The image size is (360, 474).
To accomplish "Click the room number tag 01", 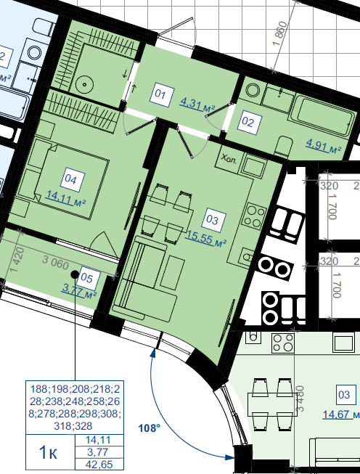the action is click(x=161, y=94).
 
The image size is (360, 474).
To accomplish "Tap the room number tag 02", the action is click(x=249, y=122).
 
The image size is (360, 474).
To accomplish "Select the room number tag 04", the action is click(x=72, y=179).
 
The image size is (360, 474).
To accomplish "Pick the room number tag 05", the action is click(x=88, y=278).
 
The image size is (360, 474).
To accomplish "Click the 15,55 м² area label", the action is click(x=206, y=238).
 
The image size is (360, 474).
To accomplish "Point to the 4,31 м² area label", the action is click(x=197, y=105).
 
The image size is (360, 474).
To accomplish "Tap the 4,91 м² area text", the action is click(x=324, y=147).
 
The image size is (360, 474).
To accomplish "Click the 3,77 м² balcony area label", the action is click(x=79, y=291).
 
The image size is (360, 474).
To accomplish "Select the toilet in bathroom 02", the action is click(x=283, y=148).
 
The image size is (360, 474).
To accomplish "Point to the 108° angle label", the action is click(x=149, y=428).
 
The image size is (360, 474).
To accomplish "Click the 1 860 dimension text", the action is click(x=279, y=33).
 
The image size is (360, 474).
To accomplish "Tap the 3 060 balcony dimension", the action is click(x=56, y=263).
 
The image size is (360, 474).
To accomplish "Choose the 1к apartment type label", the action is click(x=49, y=452).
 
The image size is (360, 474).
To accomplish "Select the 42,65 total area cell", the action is click(x=99, y=465).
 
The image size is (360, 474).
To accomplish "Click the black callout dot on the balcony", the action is click(x=75, y=274).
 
